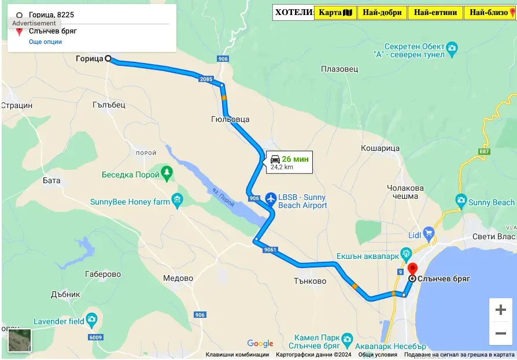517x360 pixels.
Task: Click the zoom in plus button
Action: click(500, 310)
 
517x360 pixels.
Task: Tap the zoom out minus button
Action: click(500, 333)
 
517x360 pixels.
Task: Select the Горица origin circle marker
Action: click(108, 58)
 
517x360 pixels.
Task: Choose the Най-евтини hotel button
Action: click(435, 12)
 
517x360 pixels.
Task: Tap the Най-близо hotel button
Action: click(490, 12)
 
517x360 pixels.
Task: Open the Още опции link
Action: click(45, 42)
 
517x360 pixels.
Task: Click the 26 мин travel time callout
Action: click(289, 162)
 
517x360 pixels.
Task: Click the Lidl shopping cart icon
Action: click(429, 233)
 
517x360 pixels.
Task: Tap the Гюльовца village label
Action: click(230, 119)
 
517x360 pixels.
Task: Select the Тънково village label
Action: click(310, 281)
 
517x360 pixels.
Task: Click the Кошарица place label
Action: click(380, 149)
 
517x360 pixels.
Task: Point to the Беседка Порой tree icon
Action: click(167, 172)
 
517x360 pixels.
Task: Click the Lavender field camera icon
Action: click(91, 320)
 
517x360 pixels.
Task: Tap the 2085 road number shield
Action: click(205, 79)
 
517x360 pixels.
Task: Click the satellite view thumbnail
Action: click(20, 340)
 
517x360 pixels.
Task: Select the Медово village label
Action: click(178, 278)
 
